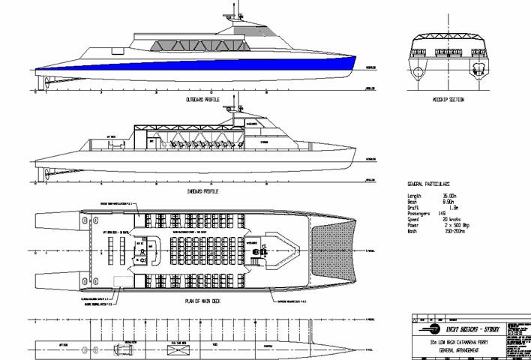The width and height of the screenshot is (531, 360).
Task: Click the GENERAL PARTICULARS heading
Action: coord(427,183)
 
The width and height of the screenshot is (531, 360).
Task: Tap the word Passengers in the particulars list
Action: coord(420,212)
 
